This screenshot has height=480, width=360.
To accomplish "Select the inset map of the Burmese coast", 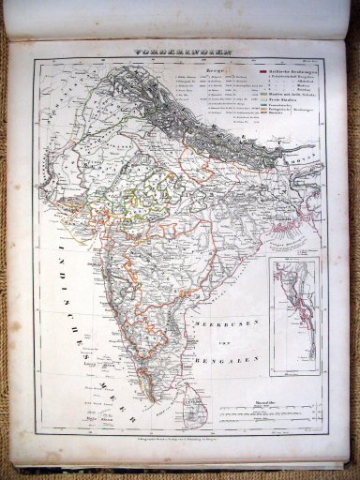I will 292,319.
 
